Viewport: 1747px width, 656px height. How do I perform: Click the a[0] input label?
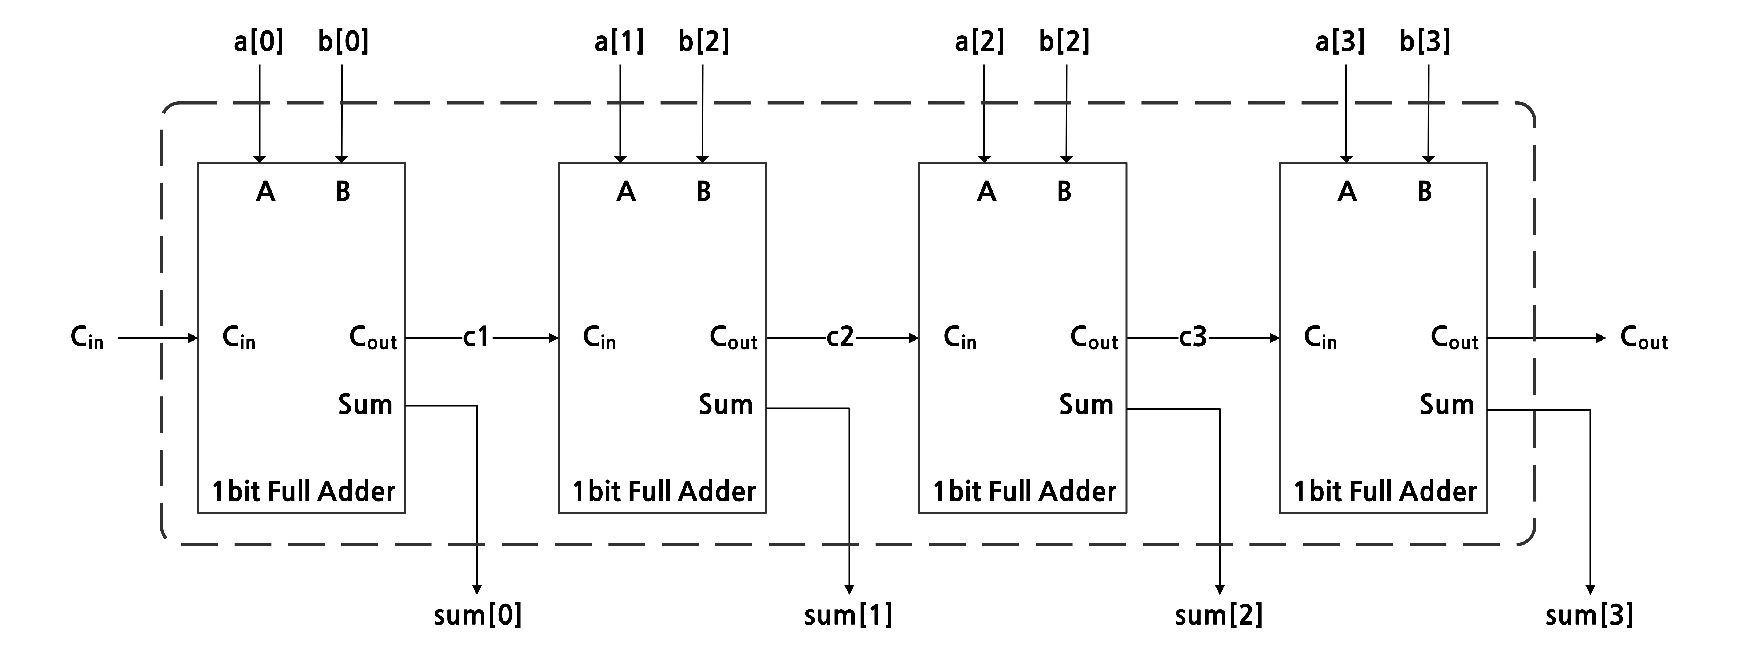point(258,42)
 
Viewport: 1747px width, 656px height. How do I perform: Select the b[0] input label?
point(343,42)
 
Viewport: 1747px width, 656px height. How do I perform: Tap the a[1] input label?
point(619,42)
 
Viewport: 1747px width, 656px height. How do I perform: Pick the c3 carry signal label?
point(1193,337)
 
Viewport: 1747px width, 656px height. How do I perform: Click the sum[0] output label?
point(477,615)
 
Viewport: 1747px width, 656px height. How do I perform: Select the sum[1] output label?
point(848,615)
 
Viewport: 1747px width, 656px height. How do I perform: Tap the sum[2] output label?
point(1219,615)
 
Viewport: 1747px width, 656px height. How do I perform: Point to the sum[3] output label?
point(1589,615)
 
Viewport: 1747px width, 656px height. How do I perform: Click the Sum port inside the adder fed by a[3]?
point(1447,405)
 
